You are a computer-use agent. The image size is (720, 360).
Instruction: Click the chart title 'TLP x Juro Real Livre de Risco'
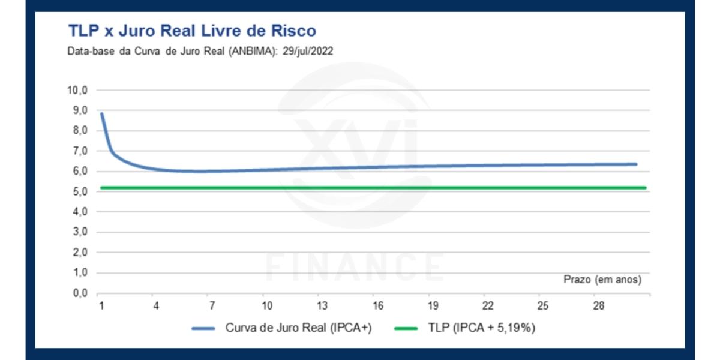191,31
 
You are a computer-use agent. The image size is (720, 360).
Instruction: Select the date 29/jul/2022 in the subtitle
307,52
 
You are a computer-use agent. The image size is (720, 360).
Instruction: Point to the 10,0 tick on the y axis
77,90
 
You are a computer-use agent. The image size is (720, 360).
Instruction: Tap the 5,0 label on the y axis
80,191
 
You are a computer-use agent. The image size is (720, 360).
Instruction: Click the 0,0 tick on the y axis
80,293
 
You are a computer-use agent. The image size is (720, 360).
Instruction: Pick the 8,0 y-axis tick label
80,131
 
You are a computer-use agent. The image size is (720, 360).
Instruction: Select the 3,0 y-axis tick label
80,232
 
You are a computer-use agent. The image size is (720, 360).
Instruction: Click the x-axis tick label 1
101,306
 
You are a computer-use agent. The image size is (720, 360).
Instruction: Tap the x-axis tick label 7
212,306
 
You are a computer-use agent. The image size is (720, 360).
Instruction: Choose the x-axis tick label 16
377,306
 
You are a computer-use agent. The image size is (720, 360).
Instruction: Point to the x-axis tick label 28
598,306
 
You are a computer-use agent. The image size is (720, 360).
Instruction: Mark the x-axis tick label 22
488,306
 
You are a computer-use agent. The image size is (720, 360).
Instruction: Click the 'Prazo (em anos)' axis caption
602,280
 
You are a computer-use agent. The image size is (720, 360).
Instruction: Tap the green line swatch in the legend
406,329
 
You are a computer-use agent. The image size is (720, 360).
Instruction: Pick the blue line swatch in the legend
203,329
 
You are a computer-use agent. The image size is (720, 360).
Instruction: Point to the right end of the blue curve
635,164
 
